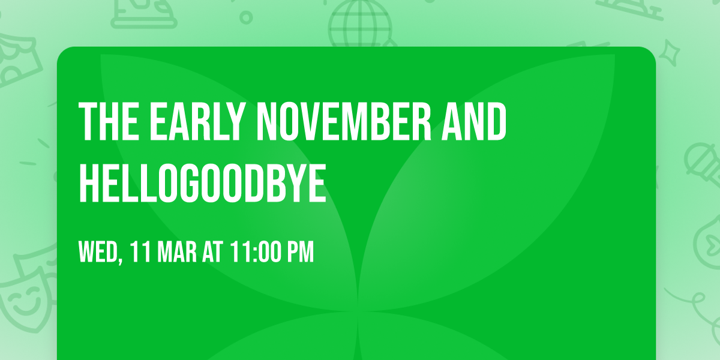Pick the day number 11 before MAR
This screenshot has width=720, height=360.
(x=140, y=252)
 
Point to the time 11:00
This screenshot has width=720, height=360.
(x=256, y=252)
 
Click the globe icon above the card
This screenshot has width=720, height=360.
(x=359, y=24)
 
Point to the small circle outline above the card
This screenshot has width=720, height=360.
(x=246, y=18)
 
